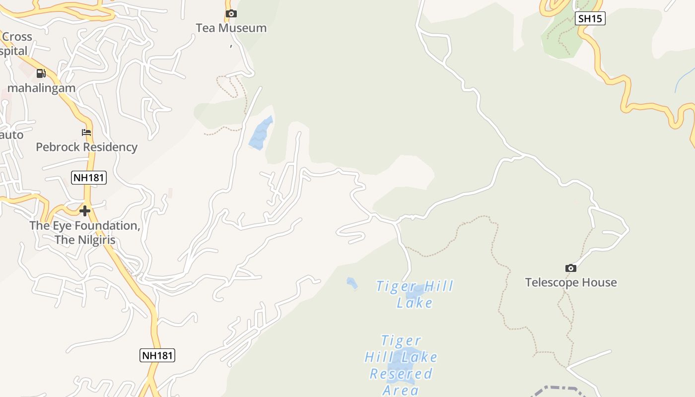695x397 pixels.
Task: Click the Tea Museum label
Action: [x=231, y=28]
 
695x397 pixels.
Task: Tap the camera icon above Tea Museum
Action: [x=231, y=14]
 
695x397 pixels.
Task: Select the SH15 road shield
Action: [x=590, y=19]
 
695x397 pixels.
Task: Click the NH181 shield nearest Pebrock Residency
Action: [x=89, y=178]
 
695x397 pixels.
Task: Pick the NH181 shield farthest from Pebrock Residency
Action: [x=157, y=355]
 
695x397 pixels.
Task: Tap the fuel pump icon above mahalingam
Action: [x=41, y=74]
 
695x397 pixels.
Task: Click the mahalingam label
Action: [x=42, y=88]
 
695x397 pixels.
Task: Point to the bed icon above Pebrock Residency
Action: [x=86, y=132]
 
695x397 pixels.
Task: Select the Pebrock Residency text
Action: [x=86, y=147]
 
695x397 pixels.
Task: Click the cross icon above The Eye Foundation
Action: [x=85, y=211]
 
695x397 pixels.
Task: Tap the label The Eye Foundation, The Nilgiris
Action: [x=85, y=233]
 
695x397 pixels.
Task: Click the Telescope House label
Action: [x=571, y=283]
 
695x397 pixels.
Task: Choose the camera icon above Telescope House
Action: [x=571, y=268]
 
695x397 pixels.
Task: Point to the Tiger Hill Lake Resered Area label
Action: [x=401, y=366]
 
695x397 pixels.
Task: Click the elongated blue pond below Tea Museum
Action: [x=261, y=133]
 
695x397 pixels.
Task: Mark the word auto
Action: [x=12, y=135]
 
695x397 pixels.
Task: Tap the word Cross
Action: [x=17, y=37]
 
